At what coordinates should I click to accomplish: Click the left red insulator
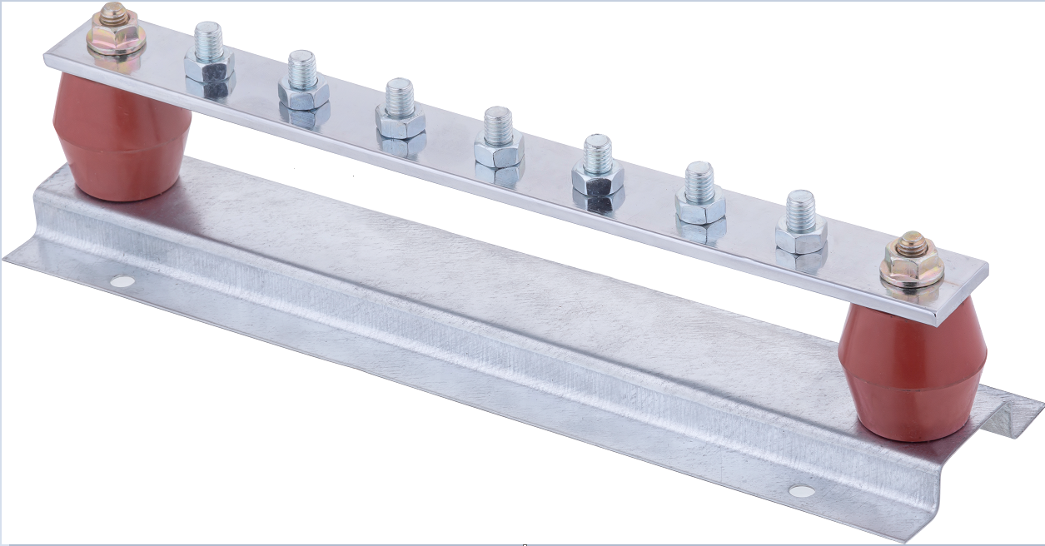[x=122, y=138]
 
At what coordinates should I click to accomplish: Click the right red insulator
[x=913, y=370]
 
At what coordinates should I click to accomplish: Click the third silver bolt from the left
[x=400, y=108]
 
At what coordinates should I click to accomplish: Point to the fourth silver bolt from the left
[x=499, y=137]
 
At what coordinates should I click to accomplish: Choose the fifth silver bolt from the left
[x=597, y=166]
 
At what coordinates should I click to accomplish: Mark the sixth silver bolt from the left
[x=699, y=194]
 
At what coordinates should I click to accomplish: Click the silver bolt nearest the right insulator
[x=801, y=222]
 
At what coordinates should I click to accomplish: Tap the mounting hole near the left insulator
[x=122, y=281]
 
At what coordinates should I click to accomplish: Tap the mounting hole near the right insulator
[x=801, y=491]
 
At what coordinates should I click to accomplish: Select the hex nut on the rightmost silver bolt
[x=801, y=235]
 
